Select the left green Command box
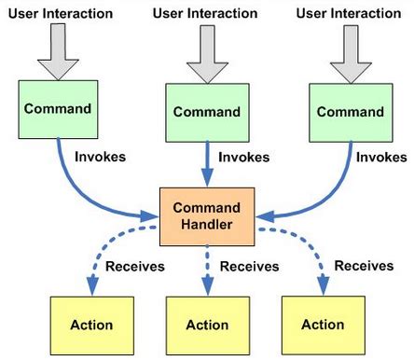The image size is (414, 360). pos(58,108)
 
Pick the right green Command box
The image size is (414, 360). pos(351,111)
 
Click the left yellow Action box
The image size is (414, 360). pos(90,325)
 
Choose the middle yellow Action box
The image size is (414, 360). pos(208,325)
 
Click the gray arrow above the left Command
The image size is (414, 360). pos(58,51)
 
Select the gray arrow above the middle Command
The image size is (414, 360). pos(207,54)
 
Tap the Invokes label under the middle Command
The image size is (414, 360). pos(243,159)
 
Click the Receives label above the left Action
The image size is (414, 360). pos(134,267)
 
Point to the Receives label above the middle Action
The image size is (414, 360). pos(250,267)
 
